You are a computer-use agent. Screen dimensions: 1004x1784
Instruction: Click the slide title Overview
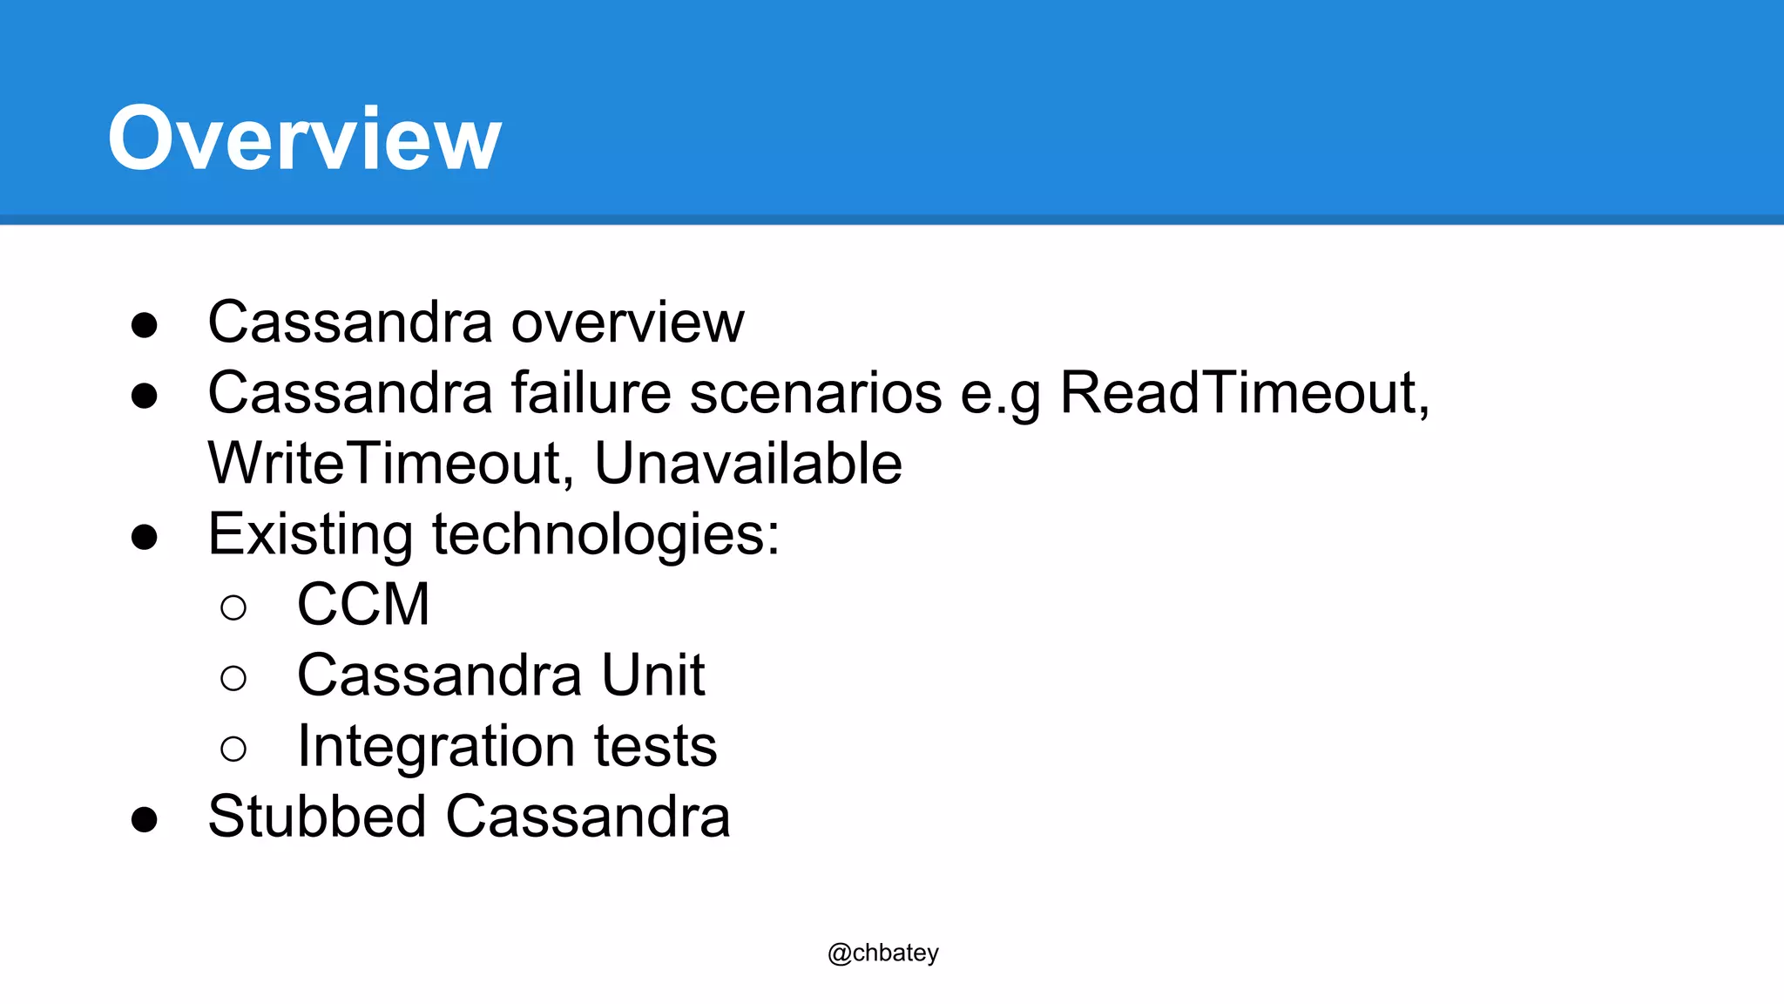click(304, 138)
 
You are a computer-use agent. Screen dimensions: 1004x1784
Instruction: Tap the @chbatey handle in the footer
click(882, 953)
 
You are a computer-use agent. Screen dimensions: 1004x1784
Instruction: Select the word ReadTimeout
click(1244, 393)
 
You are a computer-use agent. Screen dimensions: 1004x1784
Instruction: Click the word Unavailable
click(747, 464)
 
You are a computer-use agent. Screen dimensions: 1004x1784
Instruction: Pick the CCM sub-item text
click(363, 604)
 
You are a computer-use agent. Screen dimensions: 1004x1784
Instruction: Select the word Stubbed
click(317, 817)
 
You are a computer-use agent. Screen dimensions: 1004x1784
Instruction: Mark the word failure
click(591, 393)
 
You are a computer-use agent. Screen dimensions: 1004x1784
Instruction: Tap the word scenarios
click(816, 393)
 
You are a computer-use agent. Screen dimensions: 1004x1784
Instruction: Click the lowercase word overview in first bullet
click(627, 322)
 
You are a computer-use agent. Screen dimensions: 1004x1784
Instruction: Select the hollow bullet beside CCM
click(233, 607)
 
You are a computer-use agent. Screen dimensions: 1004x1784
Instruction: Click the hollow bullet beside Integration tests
click(233, 749)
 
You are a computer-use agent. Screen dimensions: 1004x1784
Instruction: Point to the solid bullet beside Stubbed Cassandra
click(145, 819)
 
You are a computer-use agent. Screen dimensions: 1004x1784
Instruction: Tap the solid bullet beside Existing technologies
click(145, 537)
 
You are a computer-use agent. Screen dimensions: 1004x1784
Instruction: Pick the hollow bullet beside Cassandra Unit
click(233, 678)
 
